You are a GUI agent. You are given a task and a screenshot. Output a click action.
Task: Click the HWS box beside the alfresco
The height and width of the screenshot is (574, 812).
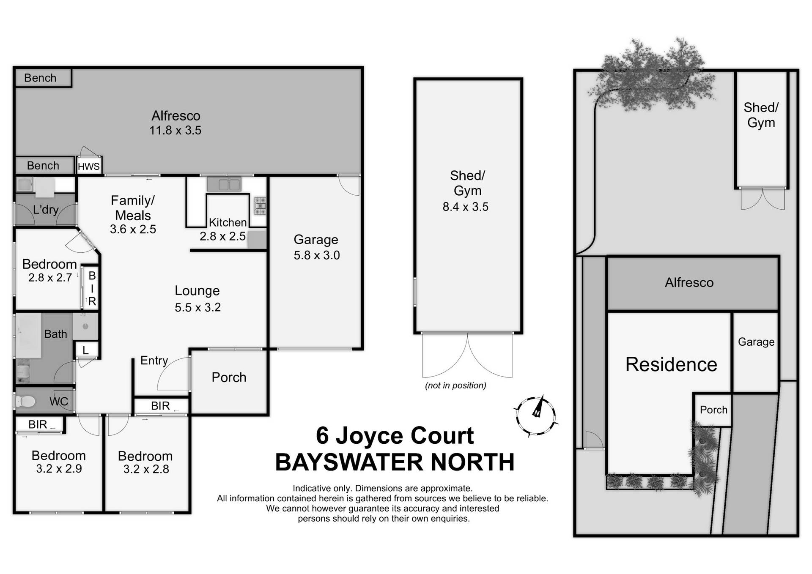click(89, 166)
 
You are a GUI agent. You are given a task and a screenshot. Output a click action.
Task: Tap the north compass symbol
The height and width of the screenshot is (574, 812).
click(536, 416)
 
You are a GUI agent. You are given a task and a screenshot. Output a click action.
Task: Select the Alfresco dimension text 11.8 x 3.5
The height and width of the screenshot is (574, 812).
click(175, 130)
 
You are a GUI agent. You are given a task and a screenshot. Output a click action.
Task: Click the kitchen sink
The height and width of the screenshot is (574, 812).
click(224, 184)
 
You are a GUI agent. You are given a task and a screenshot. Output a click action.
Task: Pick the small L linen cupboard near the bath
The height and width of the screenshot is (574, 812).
click(86, 350)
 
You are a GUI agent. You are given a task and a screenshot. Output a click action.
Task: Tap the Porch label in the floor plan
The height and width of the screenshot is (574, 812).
click(229, 377)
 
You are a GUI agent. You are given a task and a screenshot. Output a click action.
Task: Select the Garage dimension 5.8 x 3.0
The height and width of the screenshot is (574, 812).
click(317, 255)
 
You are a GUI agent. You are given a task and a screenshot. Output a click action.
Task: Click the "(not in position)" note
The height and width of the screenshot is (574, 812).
click(455, 385)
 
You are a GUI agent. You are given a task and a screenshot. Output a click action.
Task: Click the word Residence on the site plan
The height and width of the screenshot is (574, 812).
click(671, 364)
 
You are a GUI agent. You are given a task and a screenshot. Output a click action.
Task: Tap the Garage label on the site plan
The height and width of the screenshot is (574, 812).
click(756, 342)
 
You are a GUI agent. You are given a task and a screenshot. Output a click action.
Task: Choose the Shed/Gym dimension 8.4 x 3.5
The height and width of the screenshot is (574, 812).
click(465, 207)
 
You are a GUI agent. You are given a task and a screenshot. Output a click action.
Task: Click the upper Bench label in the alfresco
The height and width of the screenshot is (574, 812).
click(40, 78)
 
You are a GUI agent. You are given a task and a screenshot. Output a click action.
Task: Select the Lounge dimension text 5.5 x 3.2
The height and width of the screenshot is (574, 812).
click(198, 307)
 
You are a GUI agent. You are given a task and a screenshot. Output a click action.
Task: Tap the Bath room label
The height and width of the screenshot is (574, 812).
click(56, 334)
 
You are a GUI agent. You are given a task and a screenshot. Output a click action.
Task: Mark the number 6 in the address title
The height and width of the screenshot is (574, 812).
click(322, 436)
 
